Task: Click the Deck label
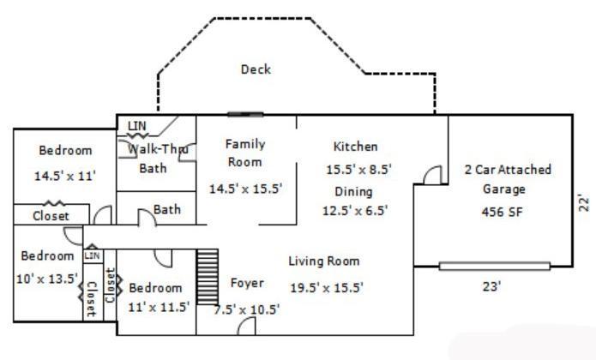[256, 69]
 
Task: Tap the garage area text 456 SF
[503, 212]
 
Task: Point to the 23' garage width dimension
[491, 286]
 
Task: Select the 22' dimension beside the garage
[583, 203]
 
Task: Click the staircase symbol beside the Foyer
[208, 277]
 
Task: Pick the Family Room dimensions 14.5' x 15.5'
[245, 189]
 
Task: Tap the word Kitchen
[355, 147]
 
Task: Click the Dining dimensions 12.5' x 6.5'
[355, 210]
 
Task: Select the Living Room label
[324, 261]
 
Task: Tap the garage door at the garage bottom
[495, 266]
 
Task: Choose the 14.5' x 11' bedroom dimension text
[65, 176]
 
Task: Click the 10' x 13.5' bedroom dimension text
[47, 279]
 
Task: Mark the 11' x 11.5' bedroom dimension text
[159, 307]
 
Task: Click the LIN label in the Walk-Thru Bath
[137, 126]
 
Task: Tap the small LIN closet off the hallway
[93, 255]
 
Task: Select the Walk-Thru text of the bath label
[158, 149]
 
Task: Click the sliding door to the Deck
[245, 114]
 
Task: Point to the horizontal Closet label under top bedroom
[51, 216]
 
